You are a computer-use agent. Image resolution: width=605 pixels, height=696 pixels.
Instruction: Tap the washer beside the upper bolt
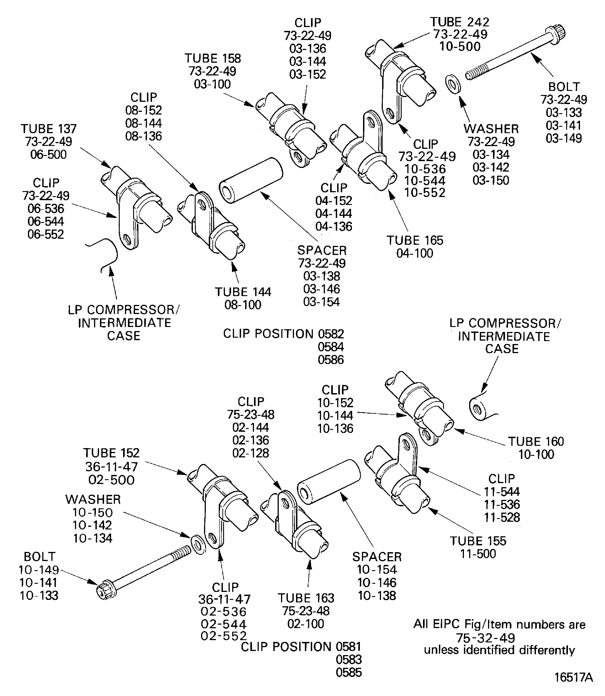tap(453, 85)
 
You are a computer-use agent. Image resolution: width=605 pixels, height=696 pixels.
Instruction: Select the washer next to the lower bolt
tap(198, 544)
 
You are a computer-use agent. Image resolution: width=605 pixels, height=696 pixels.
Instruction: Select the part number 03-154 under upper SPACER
tap(321, 302)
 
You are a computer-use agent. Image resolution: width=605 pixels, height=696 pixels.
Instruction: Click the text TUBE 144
tap(243, 292)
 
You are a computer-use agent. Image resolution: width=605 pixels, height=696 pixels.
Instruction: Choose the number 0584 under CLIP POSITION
tap(331, 347)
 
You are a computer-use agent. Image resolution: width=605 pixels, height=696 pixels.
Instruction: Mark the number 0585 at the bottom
tap(349, 672)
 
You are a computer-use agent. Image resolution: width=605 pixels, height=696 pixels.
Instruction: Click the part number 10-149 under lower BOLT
tap(39, 570)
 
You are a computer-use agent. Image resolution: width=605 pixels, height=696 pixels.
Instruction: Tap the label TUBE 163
tap(306, 598)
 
